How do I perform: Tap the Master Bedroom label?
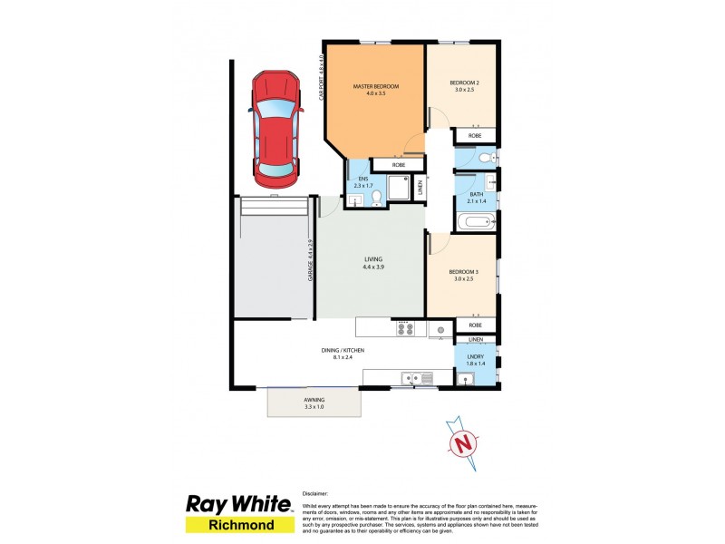pos(375,86)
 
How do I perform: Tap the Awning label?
pos(314,400)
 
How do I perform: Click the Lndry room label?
pos(476,356)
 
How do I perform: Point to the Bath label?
pos(476,195)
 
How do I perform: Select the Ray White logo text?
pos(238,504)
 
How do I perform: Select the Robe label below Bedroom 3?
pos(476,325)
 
